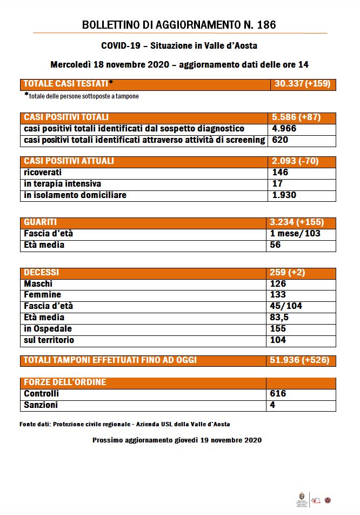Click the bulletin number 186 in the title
(266, 25)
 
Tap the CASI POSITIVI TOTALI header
(66, 117)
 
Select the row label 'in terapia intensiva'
(63, 184)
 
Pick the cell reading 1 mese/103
(295, 234)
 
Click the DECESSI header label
(42, 273)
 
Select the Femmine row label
(43, 295)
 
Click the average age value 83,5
(279, 318)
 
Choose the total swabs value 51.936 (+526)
(299, 360)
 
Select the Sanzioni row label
(41, 405)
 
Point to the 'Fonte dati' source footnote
(125, 424)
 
